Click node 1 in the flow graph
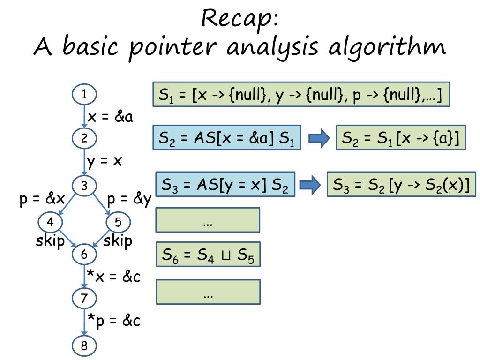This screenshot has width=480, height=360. pyautogui.click(x=84, y=95)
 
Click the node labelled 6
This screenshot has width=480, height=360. pyautogui.click(x=84, y=255)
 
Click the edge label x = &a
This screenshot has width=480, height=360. pyautogui.click(x=111, y=116)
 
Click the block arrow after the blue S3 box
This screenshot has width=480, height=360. pyautogui.click(x=309, y=185)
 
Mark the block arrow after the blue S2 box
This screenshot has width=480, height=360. pyautogui.click(x=319, y=139)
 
